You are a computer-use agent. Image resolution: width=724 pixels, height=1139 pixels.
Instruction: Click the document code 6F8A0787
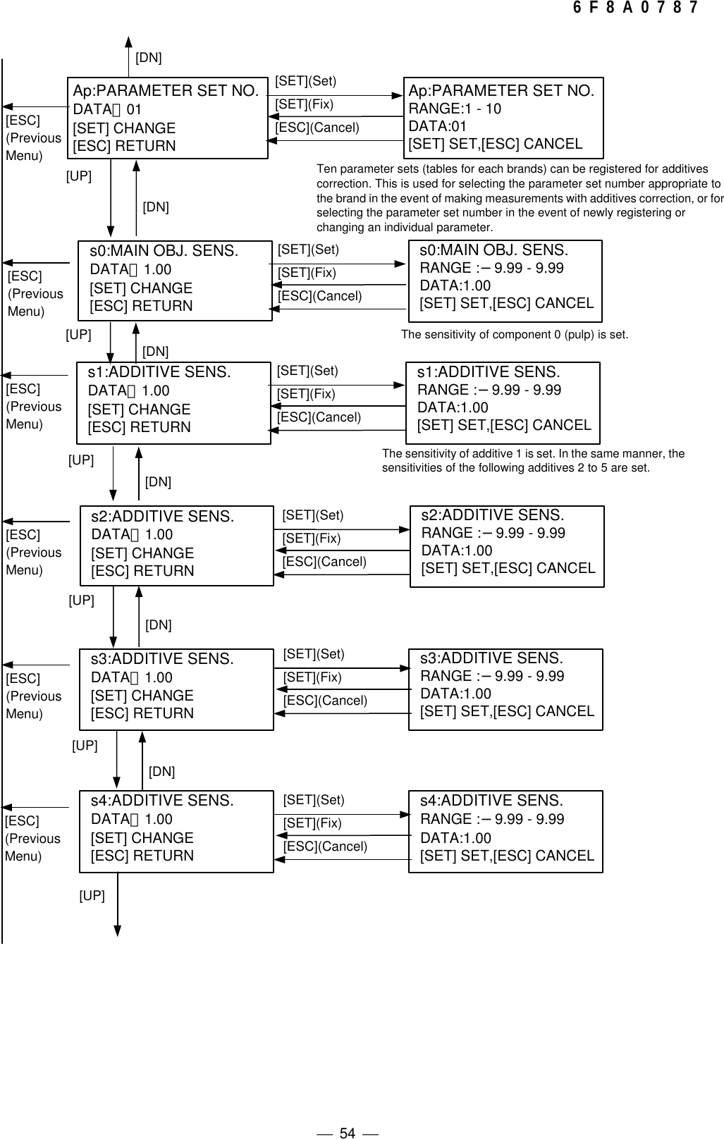pyautogui.click(x=635, y=8)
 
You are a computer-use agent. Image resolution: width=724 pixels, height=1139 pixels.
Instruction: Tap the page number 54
pyautogui.click(x=348, y=1114)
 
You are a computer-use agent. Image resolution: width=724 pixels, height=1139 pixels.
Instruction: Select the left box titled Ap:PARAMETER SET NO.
pyautogui.click(x=166, y=118)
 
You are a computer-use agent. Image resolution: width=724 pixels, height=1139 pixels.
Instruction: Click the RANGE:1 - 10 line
pyautogui.click(x=455, y=109)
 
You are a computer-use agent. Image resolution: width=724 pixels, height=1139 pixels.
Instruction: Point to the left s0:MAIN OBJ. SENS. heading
pyautogui.click(x=164, y=251)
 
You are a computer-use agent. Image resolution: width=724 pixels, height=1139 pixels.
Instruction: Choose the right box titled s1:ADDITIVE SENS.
pyautogui.click(x=503, y=403)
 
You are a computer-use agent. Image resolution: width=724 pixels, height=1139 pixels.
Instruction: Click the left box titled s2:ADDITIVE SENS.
pyautogui.click(x=176, y=545)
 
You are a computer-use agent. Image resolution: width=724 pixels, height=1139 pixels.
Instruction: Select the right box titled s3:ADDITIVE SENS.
pyautogui.click(x=505, y=689)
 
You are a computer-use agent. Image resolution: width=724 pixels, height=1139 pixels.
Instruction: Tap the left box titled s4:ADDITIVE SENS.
pyautogui.click(x=176, y=831)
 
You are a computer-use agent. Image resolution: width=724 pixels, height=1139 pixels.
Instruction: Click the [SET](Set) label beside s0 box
pyautogui.click(x=308, y=250)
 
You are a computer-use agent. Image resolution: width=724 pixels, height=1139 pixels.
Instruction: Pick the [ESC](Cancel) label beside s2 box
pyautogui.click(x=324, y=562)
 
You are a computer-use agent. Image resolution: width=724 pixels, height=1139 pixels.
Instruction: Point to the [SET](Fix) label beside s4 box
pyautogui.click(x=312, y=823)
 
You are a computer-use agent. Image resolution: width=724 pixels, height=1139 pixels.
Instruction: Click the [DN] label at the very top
pyautogui.click(x=148, y=58)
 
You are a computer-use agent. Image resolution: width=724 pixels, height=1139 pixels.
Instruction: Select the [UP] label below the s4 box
pyautogui.click(x=92, y=896)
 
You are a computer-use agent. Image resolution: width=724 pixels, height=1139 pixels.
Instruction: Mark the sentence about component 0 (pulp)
pyautogui.click(x=514, y=335)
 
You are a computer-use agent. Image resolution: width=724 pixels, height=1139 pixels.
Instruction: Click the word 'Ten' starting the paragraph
pyautogui.click(x=326, y=169)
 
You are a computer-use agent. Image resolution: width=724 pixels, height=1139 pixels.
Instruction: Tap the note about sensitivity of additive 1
pyautogui.click(x=532, y=460)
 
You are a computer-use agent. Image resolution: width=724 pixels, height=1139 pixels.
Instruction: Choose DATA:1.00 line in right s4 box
pyautogui.click(x=455, y=838)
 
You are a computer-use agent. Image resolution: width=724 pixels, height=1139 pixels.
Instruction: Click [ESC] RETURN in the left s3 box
pyautogui.click(x=142, y=713)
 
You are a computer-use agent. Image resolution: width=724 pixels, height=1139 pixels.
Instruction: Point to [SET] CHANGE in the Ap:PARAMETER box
pyautogui.click(x=124, y=128)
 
